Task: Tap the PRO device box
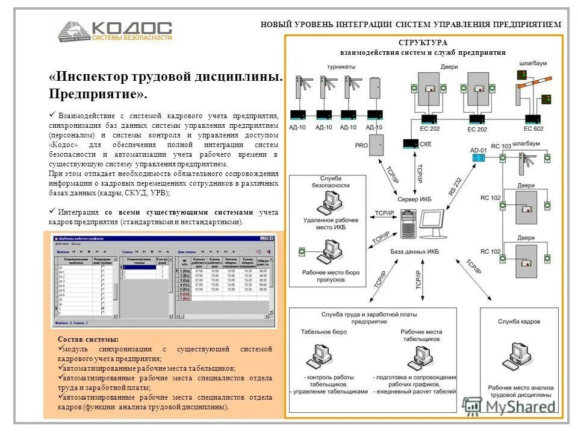(377, 145)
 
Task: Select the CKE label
(425, 145)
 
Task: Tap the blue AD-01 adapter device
(479, 157)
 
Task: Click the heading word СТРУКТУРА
(422, 43)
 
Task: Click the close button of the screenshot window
(272, 238)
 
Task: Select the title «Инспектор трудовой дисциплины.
(166, 77)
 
